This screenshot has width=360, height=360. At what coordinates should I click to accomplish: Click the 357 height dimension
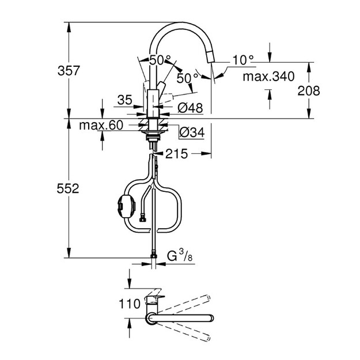pos(69,70)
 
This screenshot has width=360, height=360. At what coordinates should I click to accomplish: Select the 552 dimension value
pos(68,189)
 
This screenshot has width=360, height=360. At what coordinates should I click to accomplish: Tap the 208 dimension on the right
pos(309,90)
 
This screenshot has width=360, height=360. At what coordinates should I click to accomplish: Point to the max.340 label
pos(268,77)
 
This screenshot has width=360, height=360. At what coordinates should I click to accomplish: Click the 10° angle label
pos(243,60)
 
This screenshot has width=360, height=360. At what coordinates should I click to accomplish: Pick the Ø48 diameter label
pos(190,108)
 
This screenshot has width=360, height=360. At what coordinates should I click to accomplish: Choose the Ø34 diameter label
pos(192,132)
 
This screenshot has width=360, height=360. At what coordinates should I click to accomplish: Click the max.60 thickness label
pos(101,125)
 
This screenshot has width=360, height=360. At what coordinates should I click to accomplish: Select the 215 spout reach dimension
pos(177,154)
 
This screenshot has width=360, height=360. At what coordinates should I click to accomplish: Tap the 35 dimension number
pos(125,100)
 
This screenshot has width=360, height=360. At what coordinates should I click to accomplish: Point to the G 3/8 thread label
pos(180,256)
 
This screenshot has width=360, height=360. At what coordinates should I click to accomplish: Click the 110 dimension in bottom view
pos(130,304)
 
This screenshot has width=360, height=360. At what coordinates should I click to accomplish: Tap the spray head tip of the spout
pos(211,56)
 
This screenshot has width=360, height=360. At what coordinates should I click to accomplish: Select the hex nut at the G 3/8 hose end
pos(153,256)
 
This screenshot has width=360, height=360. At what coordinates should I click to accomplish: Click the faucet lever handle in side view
pos(162,88)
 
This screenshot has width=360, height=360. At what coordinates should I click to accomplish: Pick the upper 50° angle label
pos(160,60)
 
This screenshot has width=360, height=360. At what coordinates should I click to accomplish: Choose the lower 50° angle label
pos(187,78)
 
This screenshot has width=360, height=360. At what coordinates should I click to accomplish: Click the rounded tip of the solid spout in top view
pos(211,319)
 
